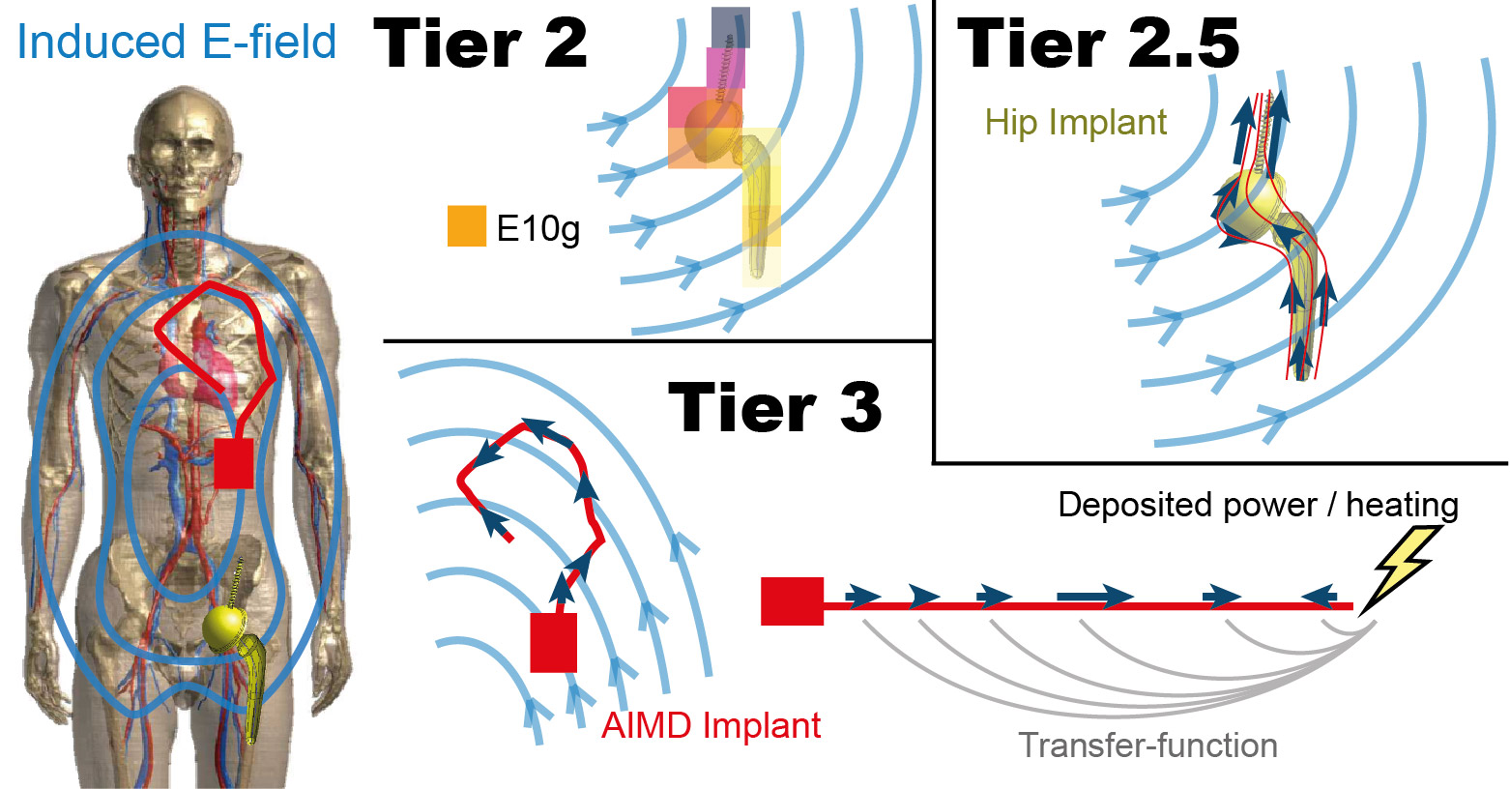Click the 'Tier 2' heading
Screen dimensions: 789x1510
(480, 44)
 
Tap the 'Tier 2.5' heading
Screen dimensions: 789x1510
(1098, 44)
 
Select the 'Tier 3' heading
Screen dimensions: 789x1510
(774, 408)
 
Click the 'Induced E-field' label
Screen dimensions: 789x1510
(177, 43)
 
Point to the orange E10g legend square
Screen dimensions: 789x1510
(466, 226)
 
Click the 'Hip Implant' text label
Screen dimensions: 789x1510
(1075, 123)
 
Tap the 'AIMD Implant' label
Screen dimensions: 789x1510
(711, 725)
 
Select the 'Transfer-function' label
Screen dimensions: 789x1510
(1147, 745)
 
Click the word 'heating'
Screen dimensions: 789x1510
(1402, 505)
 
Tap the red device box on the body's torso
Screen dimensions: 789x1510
(233, 462)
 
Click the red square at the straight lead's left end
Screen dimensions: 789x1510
(792, 601)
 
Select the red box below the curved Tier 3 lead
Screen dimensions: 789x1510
(554, 642)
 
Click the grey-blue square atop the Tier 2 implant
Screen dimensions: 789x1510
(730, 27)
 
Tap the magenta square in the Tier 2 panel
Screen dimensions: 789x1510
(725, 68)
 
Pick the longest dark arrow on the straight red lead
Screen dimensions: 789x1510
(1094, 597)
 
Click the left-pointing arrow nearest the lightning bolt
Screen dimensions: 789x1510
(1319, 597)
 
